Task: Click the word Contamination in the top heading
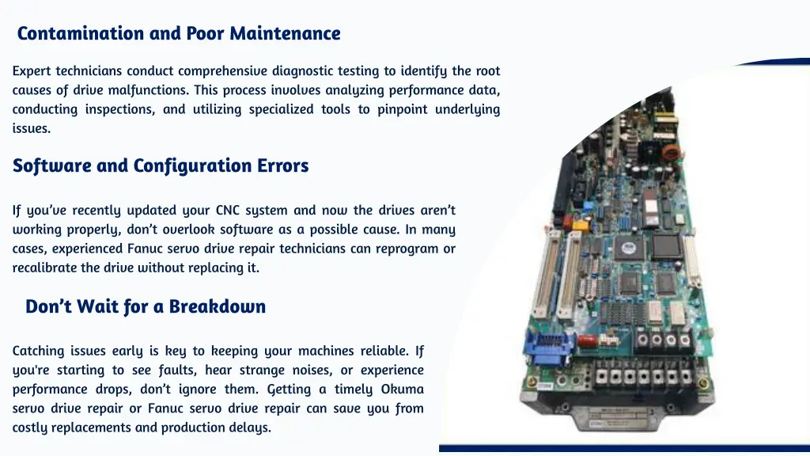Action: [81, 33]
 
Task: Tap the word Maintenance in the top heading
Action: [285, 33]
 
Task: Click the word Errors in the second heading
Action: [283, 165]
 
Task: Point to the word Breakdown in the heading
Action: [217, 306]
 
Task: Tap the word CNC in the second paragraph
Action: [228, 211]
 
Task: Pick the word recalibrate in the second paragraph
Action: [45, 268]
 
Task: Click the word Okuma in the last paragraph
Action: [403, 389]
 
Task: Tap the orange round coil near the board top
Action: [670, 153]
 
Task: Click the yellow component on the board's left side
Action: [580, 226]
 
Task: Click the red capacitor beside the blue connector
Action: [587, 341]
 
